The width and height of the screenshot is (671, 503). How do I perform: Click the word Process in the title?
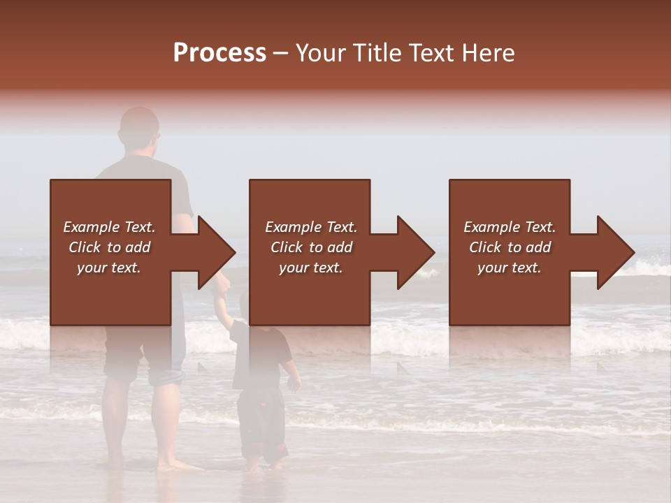219,53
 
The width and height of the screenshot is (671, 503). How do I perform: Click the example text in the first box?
109,247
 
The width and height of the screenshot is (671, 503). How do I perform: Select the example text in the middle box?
310,247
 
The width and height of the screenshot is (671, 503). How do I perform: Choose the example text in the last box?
510,247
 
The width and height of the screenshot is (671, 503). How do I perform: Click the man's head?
139,129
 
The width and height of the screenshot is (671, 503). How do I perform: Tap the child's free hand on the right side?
295,382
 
